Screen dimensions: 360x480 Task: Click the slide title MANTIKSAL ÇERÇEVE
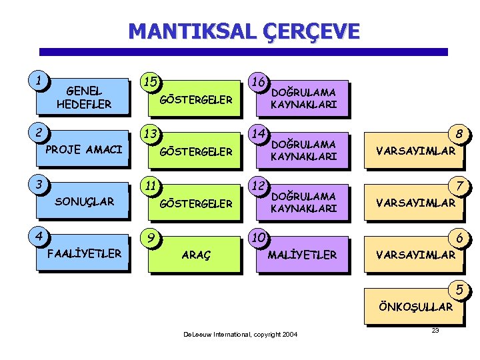click(243, 31)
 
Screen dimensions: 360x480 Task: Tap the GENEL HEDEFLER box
click(84, 97)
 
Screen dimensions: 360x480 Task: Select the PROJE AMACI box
click(84, 149)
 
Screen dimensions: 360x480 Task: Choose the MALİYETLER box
click(302, 255)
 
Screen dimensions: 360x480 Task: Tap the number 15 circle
click(151, 82)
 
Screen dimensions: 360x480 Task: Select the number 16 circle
click(259, 81)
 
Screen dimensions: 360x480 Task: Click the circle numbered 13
click(151, 134)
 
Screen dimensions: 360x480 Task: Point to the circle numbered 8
click(459, 134)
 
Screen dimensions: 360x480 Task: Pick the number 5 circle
click(459, 290)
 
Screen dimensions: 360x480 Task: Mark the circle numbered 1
click(42, 81)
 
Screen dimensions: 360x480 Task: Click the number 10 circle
click(259, 238)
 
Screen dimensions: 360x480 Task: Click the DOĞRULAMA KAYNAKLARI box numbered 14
click(303, 151)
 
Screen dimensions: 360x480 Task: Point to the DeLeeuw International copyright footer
click(240, 334)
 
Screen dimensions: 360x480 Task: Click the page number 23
click(435, 331)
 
